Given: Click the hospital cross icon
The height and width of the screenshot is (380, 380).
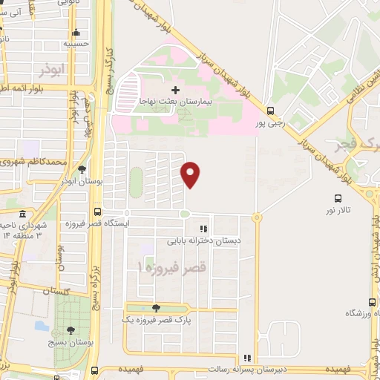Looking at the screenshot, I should pos(176,90).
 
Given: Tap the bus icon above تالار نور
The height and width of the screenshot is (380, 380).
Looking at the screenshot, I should pos(338,198).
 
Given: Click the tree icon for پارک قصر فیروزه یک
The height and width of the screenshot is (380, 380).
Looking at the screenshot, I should pos(155,308).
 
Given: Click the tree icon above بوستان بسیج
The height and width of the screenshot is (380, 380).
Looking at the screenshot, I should pos(71,330).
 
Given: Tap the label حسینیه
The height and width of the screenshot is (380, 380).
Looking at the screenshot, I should pos(76,44).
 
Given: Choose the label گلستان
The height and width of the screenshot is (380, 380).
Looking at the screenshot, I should pos(56,292).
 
